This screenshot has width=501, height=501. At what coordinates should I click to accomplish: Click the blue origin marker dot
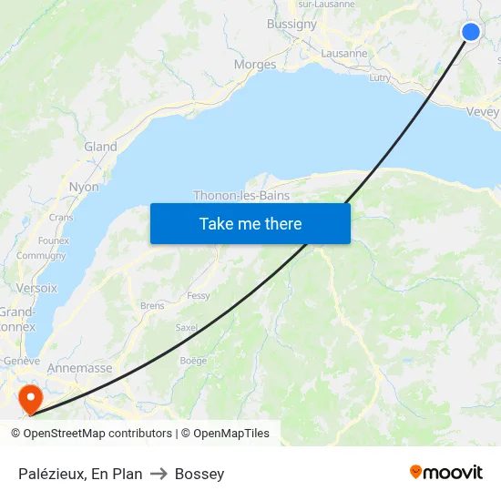point(471,32)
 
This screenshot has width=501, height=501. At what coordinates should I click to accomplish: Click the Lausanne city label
point(344,54)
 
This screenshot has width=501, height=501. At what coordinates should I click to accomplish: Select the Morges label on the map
point(255,65)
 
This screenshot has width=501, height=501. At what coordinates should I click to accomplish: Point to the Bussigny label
point(291,25)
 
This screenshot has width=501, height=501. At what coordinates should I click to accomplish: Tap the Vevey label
point(482,112)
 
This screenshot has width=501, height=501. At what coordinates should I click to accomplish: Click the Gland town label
point(100,147)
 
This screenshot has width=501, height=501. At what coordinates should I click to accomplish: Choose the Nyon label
point(84,187)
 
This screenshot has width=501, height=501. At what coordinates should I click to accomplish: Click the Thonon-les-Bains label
point(241,195)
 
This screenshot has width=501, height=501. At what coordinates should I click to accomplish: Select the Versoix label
point(36,288)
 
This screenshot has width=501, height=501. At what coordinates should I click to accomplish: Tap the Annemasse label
point(79,368)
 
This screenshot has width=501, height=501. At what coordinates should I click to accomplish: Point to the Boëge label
point(193,361)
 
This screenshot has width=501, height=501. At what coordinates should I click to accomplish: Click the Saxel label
point(186,327)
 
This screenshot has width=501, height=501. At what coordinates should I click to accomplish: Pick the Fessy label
point(198,296)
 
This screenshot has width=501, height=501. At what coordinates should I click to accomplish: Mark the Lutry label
point(380,78)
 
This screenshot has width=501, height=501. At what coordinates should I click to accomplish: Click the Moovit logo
point(446,472)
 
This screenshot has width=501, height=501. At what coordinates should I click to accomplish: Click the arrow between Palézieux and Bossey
point(158,474)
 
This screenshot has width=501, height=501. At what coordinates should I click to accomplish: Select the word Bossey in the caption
point(199,474)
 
